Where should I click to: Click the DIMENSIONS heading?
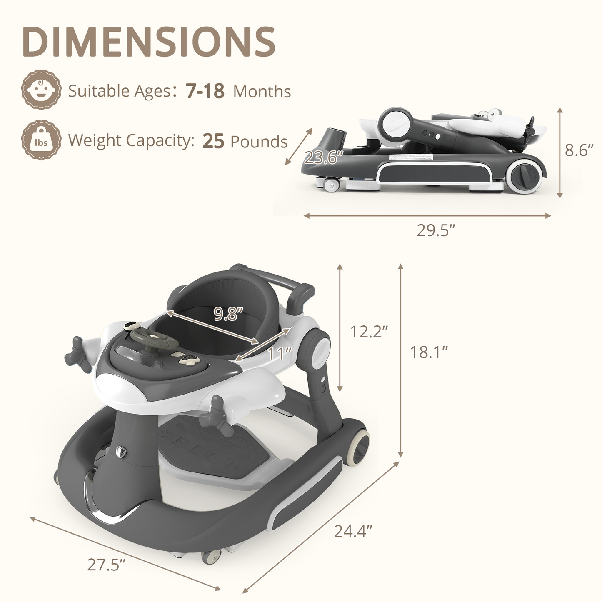click(149, 42)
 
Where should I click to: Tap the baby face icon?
click(41, 90)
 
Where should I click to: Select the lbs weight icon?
click(41, 140)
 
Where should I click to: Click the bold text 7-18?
click(205, 91)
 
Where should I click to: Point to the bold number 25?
click(213, 141)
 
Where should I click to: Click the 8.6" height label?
click(579, 150)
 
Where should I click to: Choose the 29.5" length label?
click(436, 230)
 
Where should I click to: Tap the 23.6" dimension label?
click(324, 157)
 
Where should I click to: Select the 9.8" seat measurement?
click(228, 314)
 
